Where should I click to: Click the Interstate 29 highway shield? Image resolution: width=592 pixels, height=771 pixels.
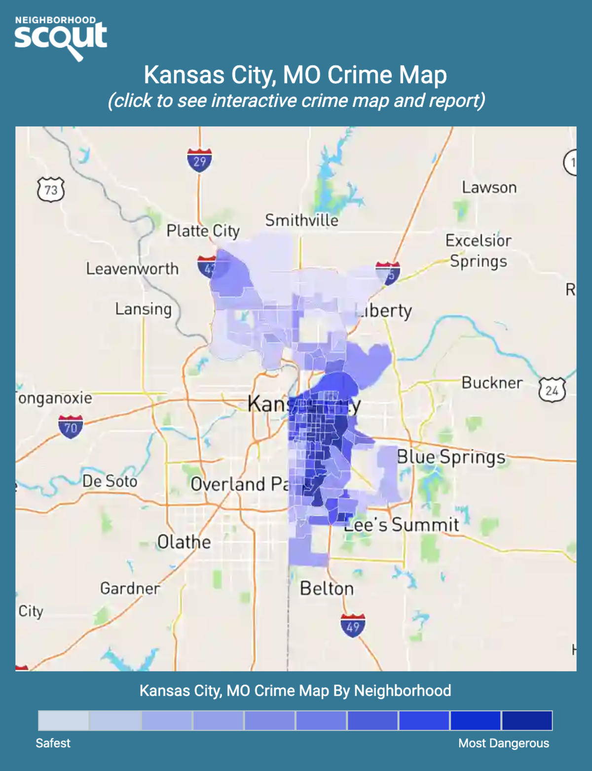click(199, 161)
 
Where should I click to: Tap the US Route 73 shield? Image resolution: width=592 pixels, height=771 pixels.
click(51, 190)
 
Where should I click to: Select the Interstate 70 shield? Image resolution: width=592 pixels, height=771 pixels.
click(70, 427)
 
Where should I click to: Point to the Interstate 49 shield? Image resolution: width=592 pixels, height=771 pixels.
click(353, 626)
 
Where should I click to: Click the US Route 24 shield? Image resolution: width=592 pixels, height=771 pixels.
click(552, 390)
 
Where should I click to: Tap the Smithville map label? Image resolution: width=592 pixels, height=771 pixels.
click(301, 220)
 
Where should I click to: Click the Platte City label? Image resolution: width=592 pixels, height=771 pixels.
click(203, 231)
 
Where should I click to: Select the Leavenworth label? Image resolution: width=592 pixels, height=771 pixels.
click(132, 269)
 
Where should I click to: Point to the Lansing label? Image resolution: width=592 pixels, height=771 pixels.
click(144, 309)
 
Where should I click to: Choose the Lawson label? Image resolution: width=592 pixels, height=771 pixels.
click(489, 188)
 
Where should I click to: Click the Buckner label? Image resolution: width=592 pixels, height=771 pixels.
click(492, 383)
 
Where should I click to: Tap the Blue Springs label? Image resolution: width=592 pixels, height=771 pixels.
click(451, 457)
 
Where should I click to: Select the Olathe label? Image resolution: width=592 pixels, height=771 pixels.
click(184, 542)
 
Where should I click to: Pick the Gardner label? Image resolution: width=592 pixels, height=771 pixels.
click(130, 588)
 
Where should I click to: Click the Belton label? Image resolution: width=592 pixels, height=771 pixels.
click(327, 589)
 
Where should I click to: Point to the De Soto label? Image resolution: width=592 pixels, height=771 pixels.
click(110, 481)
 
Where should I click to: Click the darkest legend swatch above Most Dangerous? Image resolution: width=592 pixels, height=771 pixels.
click(527, 720)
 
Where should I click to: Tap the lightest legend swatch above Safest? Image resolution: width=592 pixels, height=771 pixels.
click(64, 720)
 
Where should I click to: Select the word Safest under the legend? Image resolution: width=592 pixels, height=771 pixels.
click(53, 743)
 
